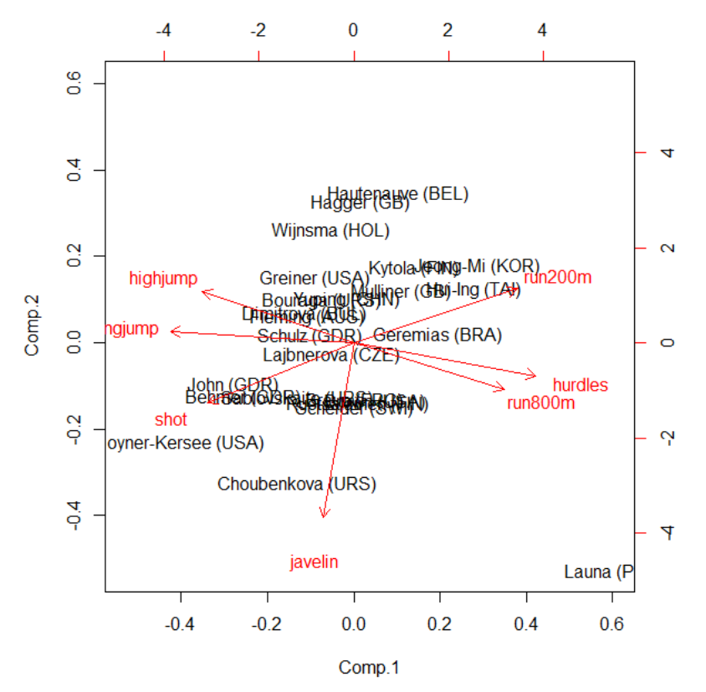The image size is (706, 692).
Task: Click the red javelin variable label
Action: point(314,562)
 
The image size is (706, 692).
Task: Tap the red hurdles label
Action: point(580,386)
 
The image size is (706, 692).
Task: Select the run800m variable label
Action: point(540,403)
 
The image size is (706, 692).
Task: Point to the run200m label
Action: point(557,278)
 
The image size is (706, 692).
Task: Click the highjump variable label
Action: point(163,279)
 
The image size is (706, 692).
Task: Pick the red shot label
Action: point(171,419)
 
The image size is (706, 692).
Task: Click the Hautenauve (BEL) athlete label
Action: point(397,194)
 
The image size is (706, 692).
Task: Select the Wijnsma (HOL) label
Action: point(330,231)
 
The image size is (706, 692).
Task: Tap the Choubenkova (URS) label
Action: point(297,484)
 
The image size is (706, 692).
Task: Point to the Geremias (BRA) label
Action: point(437,336)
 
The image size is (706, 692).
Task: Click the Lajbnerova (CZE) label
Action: point(330,355)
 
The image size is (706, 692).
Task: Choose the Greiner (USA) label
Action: point(314,279)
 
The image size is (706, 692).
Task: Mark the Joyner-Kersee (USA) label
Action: point(185,443)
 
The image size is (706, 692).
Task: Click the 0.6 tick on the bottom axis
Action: point(612,623)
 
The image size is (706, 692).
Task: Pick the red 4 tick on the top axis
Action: point(543,31)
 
